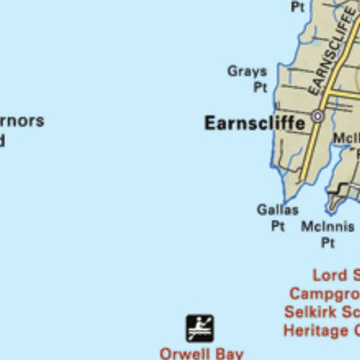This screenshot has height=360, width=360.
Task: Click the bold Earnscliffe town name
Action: [x=255, y=122]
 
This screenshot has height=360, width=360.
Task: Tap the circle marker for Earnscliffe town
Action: [x=317, y=116]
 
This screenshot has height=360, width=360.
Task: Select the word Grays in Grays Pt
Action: [x=247, y=71]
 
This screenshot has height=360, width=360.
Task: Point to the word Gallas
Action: [x=277, y=210]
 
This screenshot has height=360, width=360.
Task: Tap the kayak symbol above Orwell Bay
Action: [x=200, y=328]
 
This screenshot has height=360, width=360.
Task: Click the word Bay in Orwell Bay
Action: [x=229, y=354]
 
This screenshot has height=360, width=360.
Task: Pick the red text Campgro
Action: [x=324, y=294]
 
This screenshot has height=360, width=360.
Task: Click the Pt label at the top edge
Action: [x=297, y=6]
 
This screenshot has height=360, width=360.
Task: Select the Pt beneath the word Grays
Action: [x=260, y=87]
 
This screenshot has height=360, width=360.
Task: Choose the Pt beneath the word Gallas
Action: [x=278, y=226]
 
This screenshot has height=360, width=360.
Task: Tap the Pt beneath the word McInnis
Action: [x=328, y=243]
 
